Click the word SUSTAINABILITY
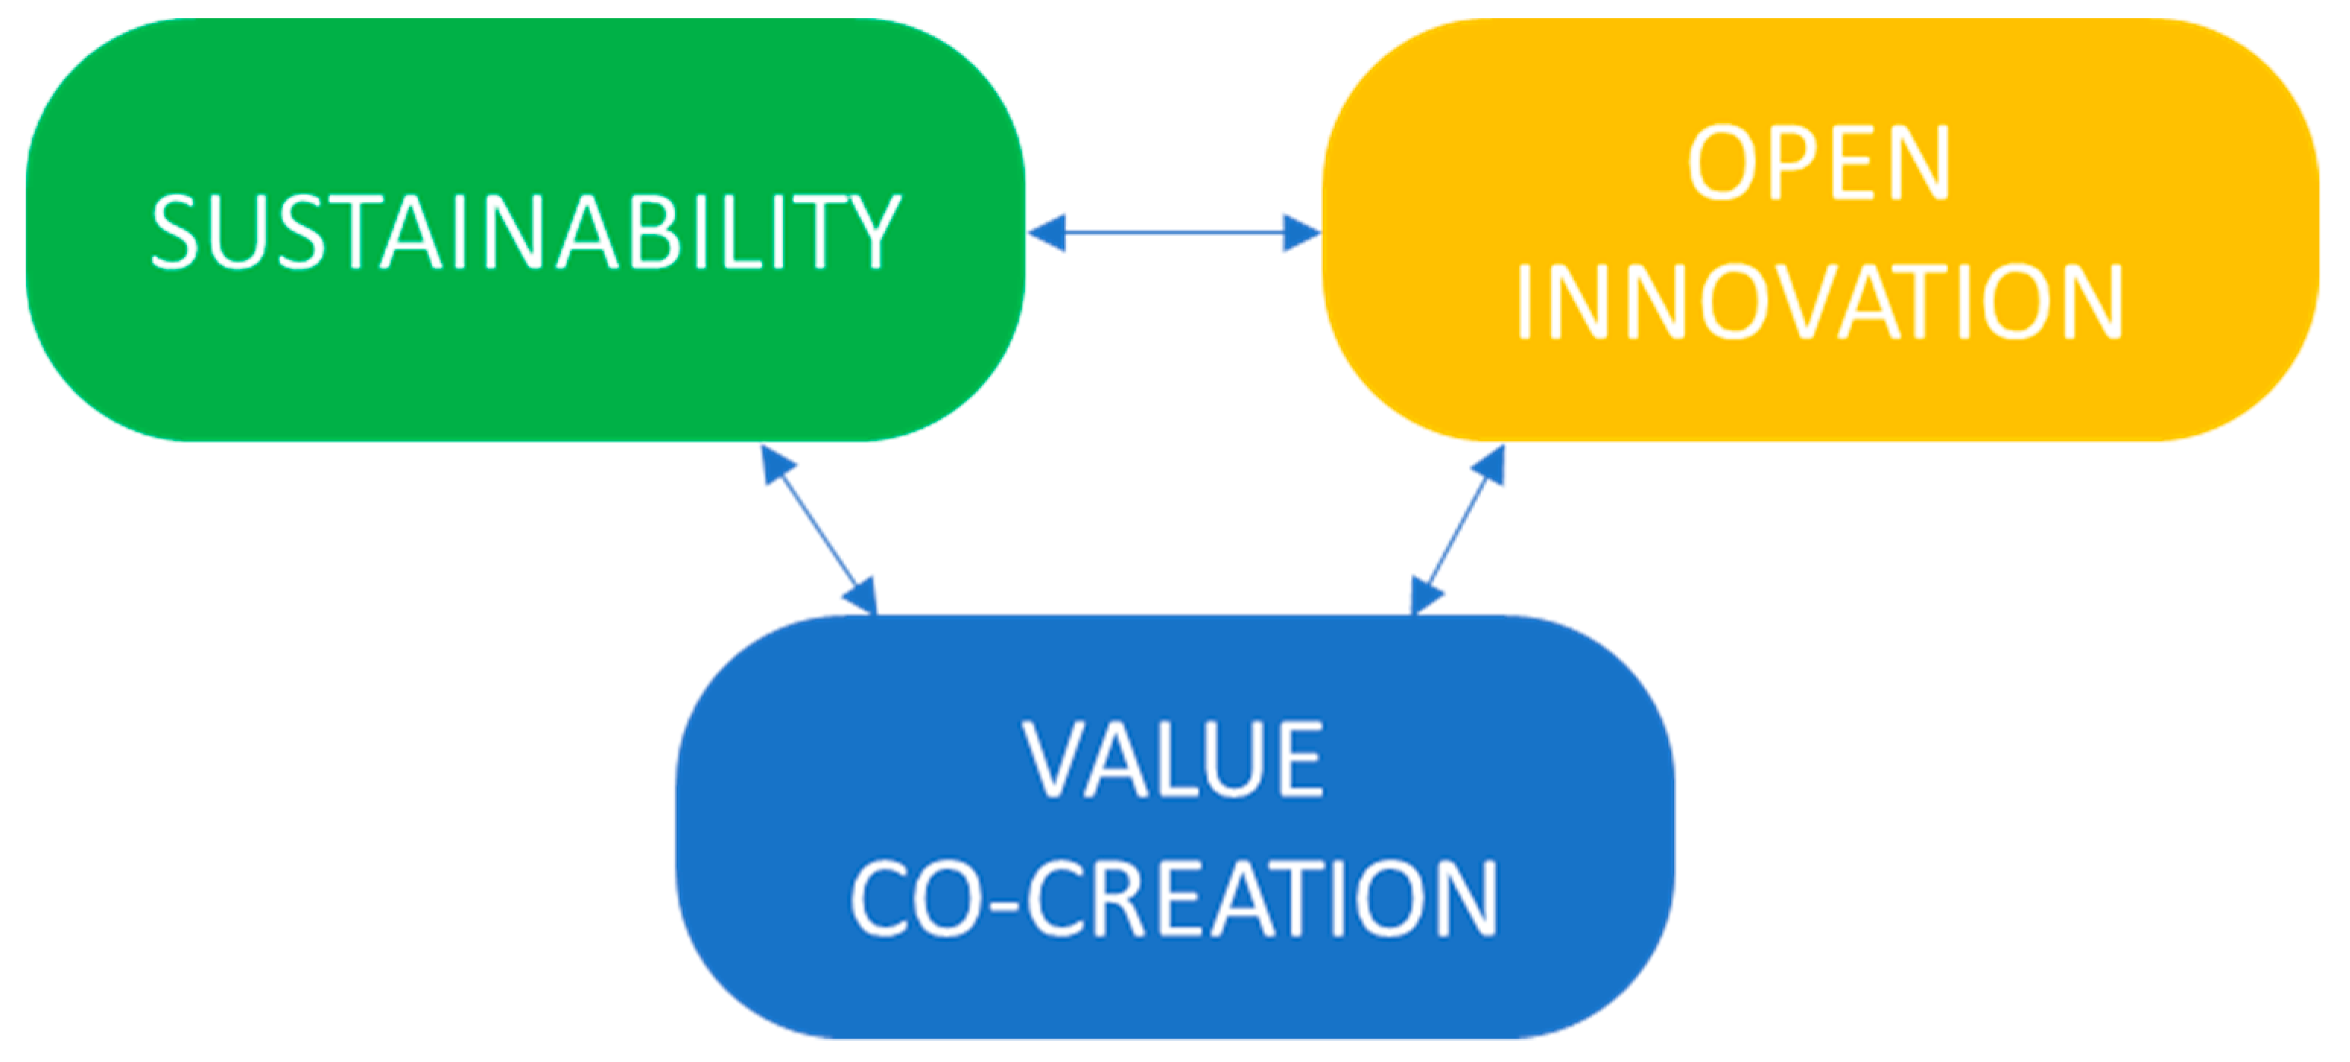526,233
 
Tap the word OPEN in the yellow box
1818,164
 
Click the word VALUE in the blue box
1174,760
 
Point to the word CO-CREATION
1174,901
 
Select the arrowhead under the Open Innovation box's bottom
1488,466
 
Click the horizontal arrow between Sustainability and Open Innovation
1174,233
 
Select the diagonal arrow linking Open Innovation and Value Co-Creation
1457,530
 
